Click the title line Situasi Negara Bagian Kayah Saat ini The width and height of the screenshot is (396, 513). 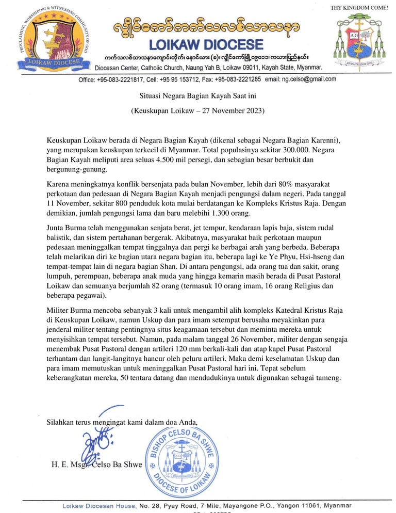(x=197, y=95)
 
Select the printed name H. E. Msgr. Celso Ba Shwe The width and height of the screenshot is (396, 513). (x=96, y=464)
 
